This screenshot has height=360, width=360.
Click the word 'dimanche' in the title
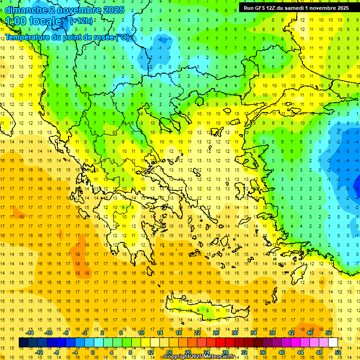point(24,10)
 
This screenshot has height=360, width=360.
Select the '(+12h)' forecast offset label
point(81,21)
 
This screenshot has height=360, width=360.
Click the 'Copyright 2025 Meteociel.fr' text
point(199,357)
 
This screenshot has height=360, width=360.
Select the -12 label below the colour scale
point(39,352)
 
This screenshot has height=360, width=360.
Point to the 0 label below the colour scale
point(93,352)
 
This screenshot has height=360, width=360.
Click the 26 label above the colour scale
point(217,333)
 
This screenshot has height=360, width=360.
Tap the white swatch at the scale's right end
point(333,343)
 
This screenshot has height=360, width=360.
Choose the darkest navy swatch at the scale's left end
point(23,343)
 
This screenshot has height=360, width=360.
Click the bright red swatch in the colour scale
point(220,343)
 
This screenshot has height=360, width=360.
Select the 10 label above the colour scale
point(142,333)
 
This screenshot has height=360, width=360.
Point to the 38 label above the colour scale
point(272,333)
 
